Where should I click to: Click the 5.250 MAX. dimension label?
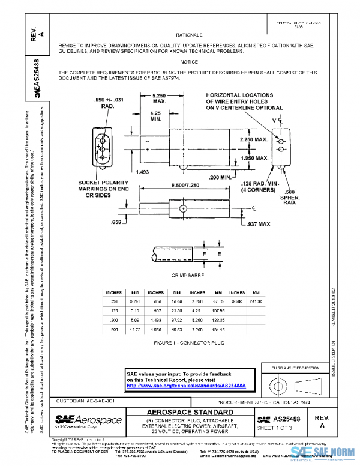(x=159, y=98)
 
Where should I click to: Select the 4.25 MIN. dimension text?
(x=156, y=116)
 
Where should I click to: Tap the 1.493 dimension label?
(x=142, y=171)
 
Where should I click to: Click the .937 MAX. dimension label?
(x=259, y=224)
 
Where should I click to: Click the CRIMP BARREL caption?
(x=189, y=274)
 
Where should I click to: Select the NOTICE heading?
(x=188, y=62)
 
